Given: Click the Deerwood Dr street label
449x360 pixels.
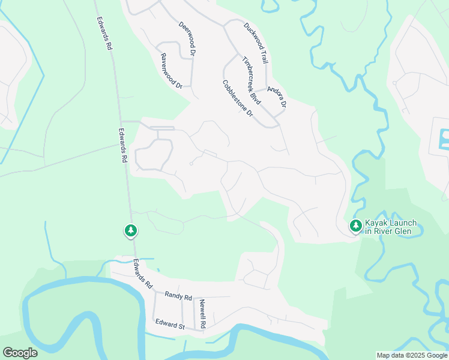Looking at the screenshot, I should pos(188,40).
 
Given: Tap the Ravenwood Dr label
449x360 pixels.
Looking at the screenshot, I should pos(171,71).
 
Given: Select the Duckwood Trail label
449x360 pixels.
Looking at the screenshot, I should pos(256,43).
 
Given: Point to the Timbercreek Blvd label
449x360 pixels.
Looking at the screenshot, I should pos(251,78).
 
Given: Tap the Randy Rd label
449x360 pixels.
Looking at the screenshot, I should pos(178,296).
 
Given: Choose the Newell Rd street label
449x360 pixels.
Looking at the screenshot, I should pos(203,313).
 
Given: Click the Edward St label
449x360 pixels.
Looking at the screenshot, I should pos(170,325).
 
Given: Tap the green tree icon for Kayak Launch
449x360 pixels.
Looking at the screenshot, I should pos(356,226).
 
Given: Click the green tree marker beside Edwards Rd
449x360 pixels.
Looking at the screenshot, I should pos(131,230).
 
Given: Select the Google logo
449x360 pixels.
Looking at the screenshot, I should pos(20,353).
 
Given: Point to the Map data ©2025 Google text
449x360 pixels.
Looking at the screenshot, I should pos(411,355).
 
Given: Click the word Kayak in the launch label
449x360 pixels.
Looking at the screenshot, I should pos(378,223).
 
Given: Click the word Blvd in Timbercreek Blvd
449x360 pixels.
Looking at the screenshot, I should pos(256,95).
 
